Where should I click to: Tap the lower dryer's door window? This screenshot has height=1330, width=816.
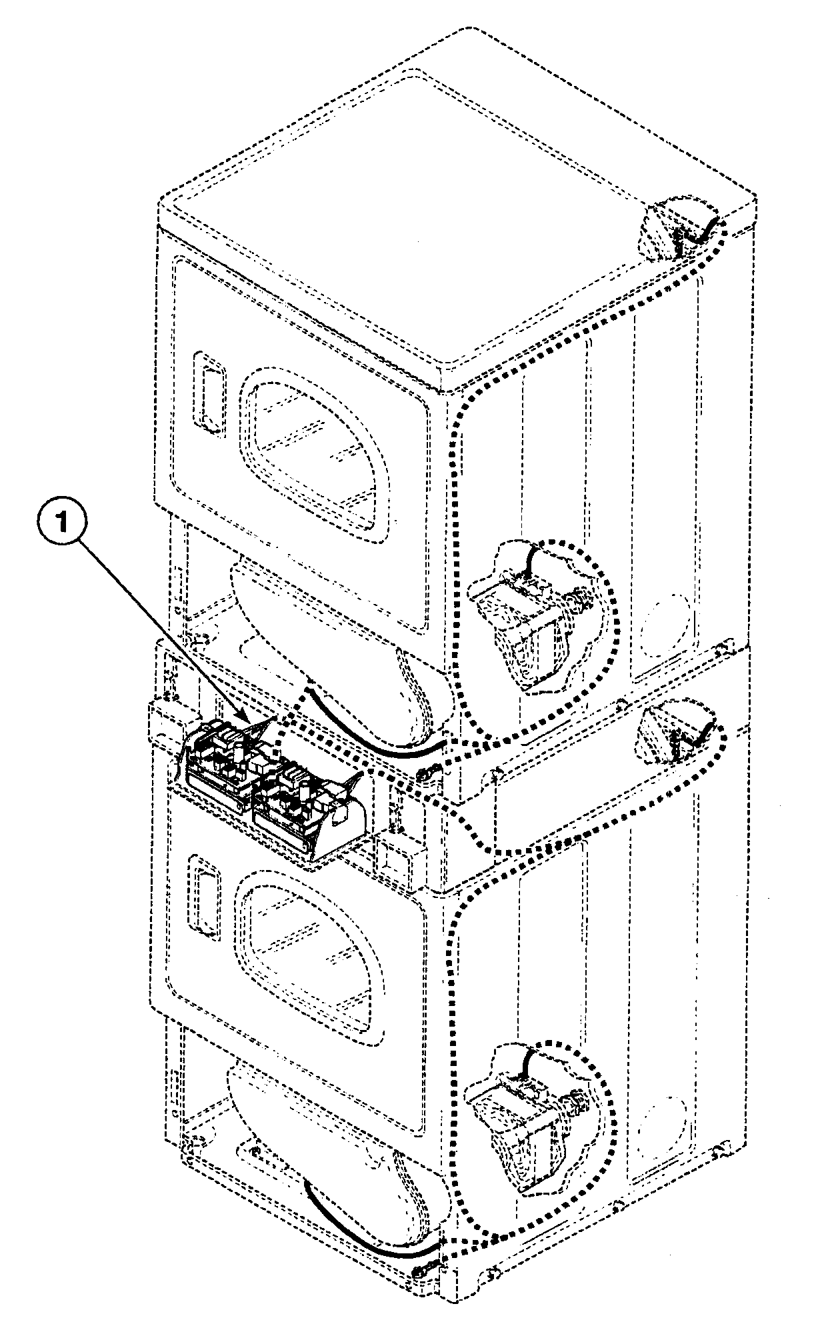310,947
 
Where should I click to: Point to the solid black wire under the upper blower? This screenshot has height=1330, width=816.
373,740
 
